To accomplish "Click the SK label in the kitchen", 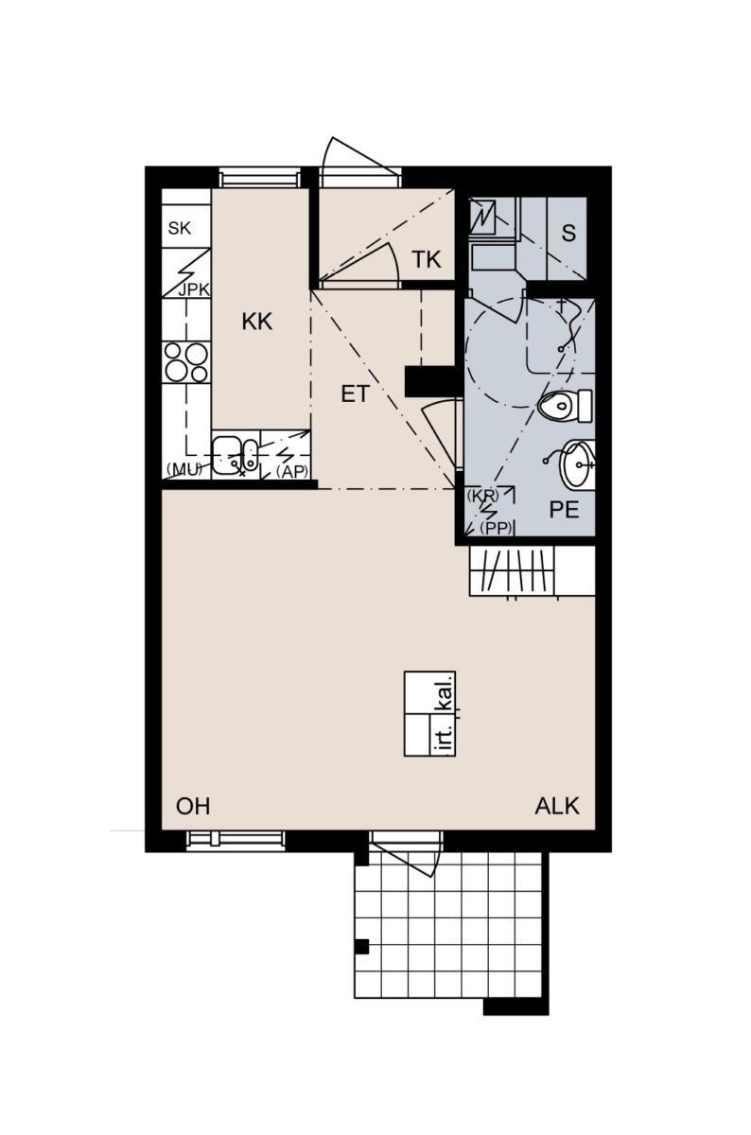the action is tap(180, 229).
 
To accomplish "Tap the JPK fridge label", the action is tap(194, 289).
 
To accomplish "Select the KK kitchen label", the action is tap(257, 322).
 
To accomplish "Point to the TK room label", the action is tap(427, 259).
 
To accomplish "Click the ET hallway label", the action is tap(356, 393).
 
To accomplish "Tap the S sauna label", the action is tap(568, 233).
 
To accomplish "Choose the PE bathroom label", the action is tap(564, 510).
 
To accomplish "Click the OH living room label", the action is tap(193, 806).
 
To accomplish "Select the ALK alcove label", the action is tap(557, 806).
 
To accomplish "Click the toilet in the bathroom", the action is tap(565, 406).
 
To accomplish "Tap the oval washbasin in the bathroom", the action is tap(577, 464).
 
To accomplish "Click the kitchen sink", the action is tap(235, 456).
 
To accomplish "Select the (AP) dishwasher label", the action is tap(292, 472).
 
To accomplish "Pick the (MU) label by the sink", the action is tap(184, 469).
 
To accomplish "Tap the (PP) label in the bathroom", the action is tap(497, 528).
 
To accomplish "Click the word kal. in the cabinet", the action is tap(445, 692).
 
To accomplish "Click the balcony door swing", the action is tap(406, 856).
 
